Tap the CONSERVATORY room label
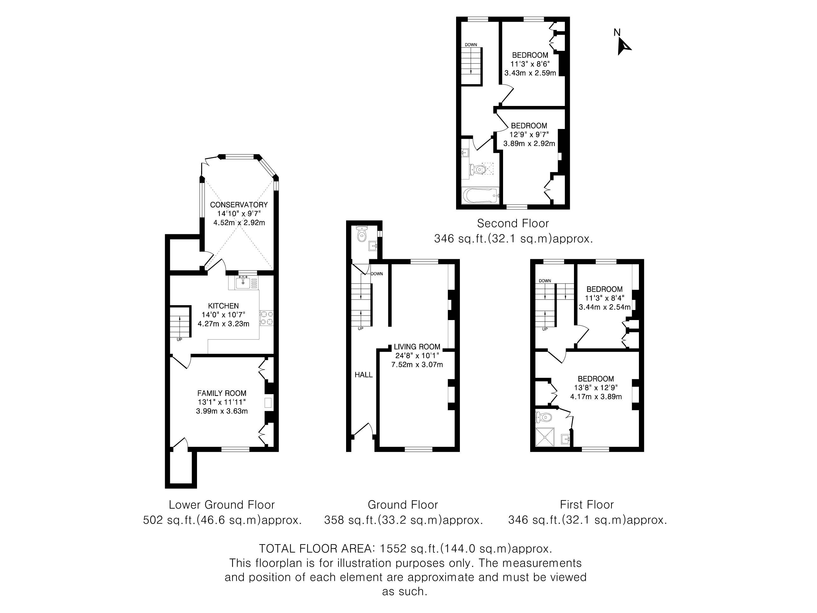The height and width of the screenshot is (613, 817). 239,205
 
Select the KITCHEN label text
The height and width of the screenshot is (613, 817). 223,306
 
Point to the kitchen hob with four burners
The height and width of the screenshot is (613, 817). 267,318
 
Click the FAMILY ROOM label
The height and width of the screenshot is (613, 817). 222,394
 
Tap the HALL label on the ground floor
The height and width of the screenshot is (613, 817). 364,375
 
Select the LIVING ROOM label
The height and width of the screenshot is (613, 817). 417,347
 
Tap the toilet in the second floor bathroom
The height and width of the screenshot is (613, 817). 478,170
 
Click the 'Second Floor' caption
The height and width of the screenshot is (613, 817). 513,224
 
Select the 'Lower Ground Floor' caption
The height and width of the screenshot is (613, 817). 222,505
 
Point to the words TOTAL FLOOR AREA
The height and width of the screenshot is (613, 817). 316,548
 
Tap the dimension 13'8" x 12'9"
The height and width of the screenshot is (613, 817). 596,388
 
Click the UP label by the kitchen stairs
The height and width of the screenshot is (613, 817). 179,340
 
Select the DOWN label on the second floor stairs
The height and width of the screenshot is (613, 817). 471,45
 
